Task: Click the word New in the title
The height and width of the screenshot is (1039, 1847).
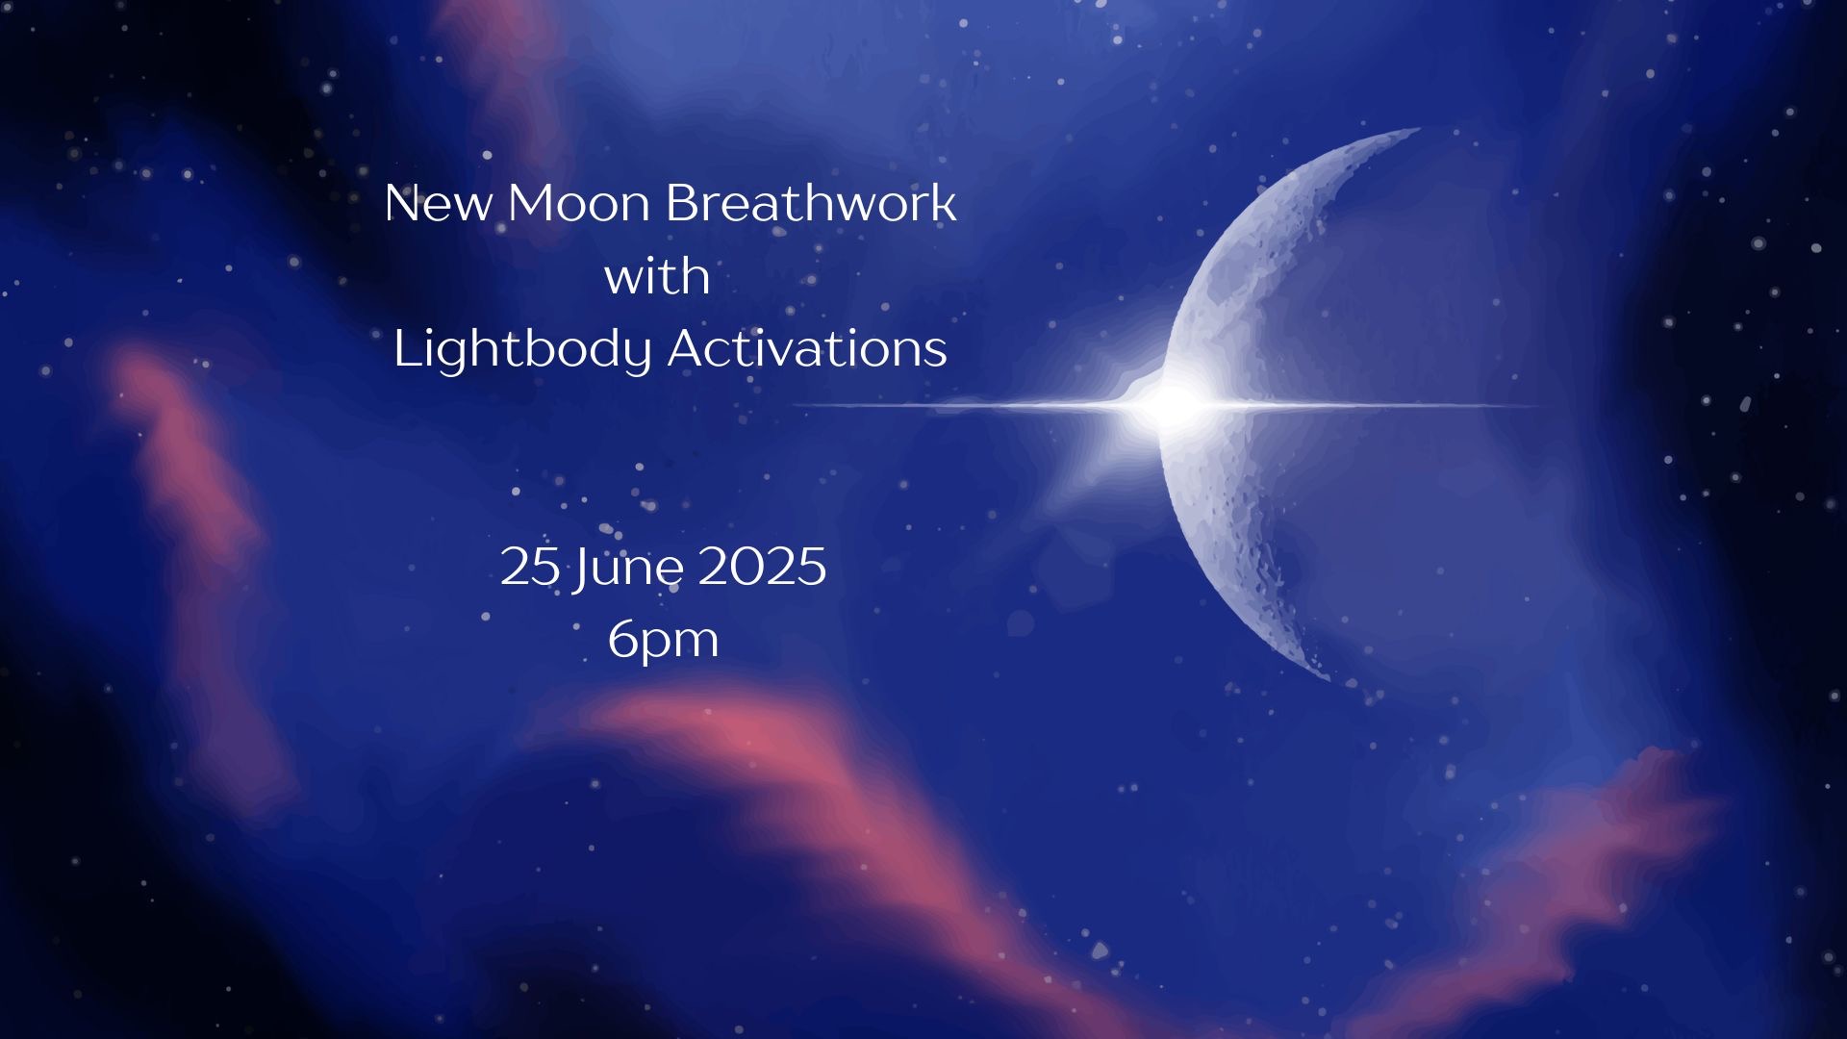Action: click(x=439, y=203)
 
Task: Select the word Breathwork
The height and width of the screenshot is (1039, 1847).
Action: click(x=811, y=202)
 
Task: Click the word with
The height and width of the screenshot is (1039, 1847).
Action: click(x=657, y=275)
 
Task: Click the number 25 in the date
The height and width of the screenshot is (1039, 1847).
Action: click(x=529, y=566)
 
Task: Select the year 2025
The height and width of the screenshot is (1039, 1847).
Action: click(x=762, y=566)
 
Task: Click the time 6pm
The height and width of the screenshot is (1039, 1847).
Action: click(x=663, y=641)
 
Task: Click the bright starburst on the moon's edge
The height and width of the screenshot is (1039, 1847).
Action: click(x=1168, y=406)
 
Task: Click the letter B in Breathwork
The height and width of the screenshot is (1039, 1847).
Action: click(x=682, y=203)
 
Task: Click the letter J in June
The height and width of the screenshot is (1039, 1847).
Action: click(x=580, y=569)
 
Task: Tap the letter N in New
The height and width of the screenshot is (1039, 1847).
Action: click(x=403, y=203)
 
